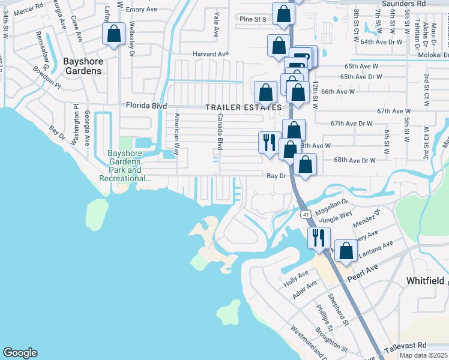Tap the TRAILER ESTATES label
point(243,107)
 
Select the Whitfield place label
point(425,281)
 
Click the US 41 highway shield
point(305,214)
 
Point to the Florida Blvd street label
point(146,106)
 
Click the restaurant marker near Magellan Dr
point(318,236)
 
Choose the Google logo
point(20,353)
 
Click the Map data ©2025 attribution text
point(424,356)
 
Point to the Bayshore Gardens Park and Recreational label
point(124,166)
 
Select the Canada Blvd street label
point(220,131)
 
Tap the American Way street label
point(176,134)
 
